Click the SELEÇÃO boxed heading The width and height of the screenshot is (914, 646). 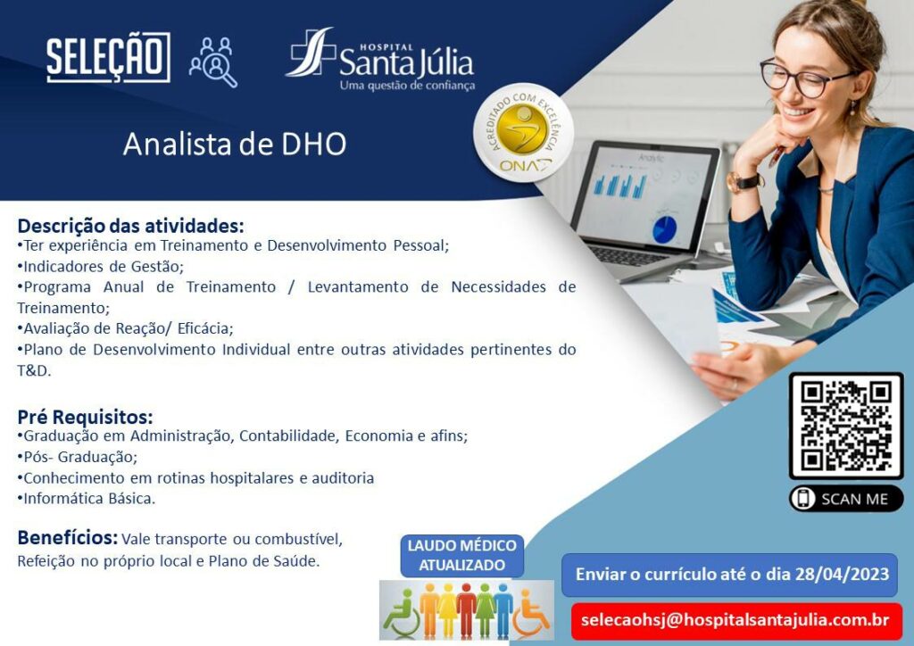click(108, 57)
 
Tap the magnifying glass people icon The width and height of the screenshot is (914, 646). click(213, 62)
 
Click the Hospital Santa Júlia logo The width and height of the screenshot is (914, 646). click(380, 60)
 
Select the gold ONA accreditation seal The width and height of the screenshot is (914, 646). click(523, 134)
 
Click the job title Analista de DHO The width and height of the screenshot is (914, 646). click(235, 144)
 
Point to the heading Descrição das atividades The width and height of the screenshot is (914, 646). click(130, 226)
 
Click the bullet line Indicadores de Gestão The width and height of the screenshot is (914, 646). click(100, 266)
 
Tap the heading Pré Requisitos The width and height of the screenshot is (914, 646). click(85, 417)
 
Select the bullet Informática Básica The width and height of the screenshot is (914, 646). click(87, 499)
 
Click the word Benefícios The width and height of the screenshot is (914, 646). click(68, 538)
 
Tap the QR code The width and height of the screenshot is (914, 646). click(846, 426)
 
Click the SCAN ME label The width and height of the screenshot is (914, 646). click(846, 499)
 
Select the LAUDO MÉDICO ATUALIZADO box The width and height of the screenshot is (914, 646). click(461, 556)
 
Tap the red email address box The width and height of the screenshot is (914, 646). click(736, 621)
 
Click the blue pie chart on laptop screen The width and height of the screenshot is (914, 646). click(664, 228)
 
